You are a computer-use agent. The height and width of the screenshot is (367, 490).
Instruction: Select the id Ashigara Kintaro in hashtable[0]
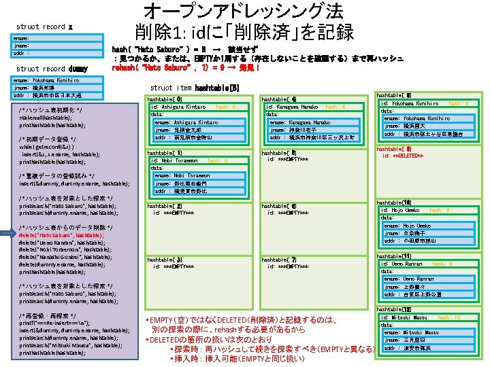coord(178,107)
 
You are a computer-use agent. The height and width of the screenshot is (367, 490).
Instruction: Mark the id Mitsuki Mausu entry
coord(404,317)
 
